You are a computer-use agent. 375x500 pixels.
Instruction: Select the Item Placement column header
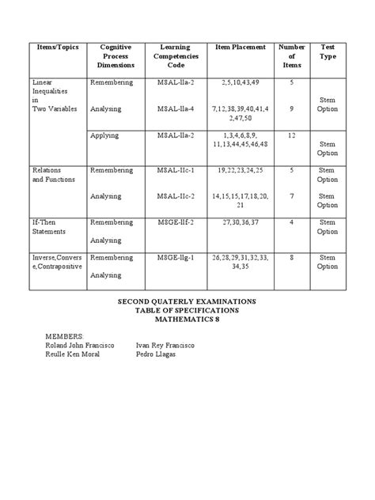coord(241,47)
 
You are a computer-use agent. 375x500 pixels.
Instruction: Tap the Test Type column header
coord(327,52)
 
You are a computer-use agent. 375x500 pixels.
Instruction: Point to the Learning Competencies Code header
coord(176,56)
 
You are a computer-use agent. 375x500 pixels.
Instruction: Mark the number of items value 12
coord(291,136)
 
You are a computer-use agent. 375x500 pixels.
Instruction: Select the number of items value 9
coord(291,108)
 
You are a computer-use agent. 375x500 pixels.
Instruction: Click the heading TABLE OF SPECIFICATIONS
coord(187,311)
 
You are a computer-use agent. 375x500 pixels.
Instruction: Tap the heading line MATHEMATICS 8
coord(187,320)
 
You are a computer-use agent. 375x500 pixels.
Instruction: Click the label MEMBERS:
coord(65,336)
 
